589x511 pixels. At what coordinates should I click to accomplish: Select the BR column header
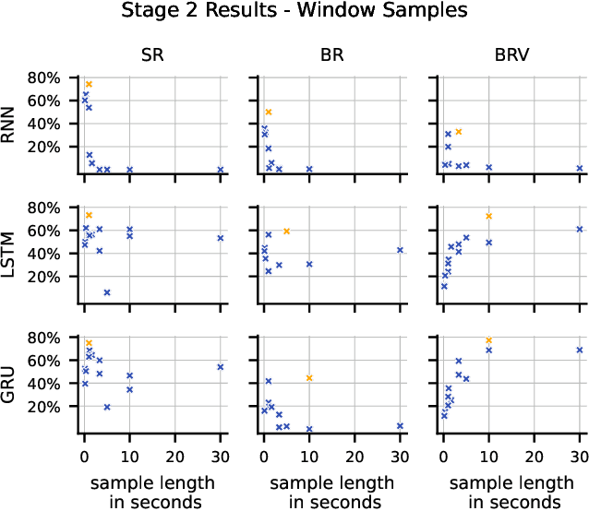click(x=331, y=53)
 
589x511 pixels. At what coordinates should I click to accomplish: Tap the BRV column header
click(x=511, y=53)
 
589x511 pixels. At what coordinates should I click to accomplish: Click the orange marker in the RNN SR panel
click(x=89, y=84)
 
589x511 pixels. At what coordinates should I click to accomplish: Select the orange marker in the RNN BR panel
click(x=269, y=112)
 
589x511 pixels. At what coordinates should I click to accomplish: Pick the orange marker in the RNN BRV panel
click(x=458, y=132)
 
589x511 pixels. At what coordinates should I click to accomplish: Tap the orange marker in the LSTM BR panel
click(x=287, y=231)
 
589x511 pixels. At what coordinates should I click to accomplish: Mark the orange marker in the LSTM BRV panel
click(x=489, y=216)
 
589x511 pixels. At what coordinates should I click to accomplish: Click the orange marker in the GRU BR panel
click(x=309, y=378)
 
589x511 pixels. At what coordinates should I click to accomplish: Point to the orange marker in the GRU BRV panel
click(x=489, y=340)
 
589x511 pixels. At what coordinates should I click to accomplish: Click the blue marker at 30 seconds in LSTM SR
click(x=221, y=238)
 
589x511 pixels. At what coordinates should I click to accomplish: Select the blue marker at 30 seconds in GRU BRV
click(x=580, y=350)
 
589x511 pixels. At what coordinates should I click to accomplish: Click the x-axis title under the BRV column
click(x=511, y=492)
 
